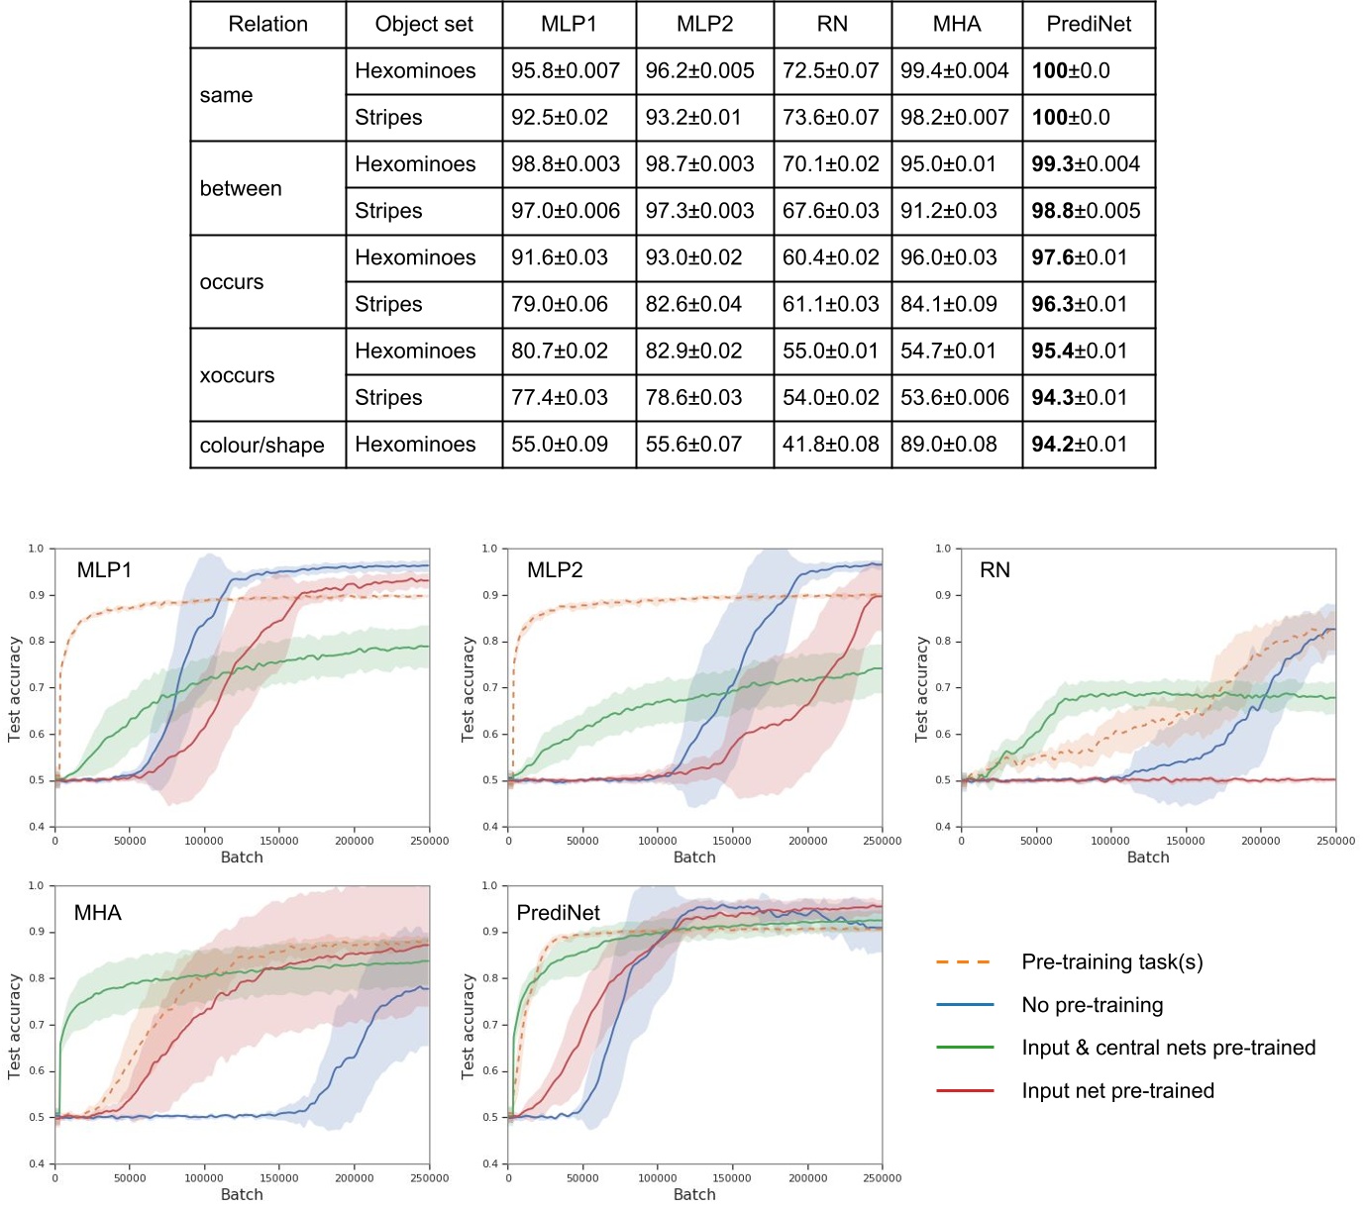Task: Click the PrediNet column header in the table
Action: point(1088,25)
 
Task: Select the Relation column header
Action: point(267,25)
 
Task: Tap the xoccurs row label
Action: point(237,375)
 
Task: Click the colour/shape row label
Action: point(262,446)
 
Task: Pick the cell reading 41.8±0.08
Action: point(831,445)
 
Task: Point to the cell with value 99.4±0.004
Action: point(955,71)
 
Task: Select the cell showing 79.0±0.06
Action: point(560,304)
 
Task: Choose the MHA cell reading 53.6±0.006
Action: point(955,398)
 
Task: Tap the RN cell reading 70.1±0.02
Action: point(831,164)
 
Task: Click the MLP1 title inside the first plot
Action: point(104,570)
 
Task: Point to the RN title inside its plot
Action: point(995,570)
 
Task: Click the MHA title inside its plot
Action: point(97,913)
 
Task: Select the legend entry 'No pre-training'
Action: point(1092,1005)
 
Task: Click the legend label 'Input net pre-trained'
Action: point(1117,1091)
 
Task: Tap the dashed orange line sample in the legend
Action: point(964,961)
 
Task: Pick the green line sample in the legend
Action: point(964,1048)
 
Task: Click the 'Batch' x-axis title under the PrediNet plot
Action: point(694,1194)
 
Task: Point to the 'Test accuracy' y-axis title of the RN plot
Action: point(921,688)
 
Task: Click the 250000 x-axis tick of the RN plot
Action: point(1334,841)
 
